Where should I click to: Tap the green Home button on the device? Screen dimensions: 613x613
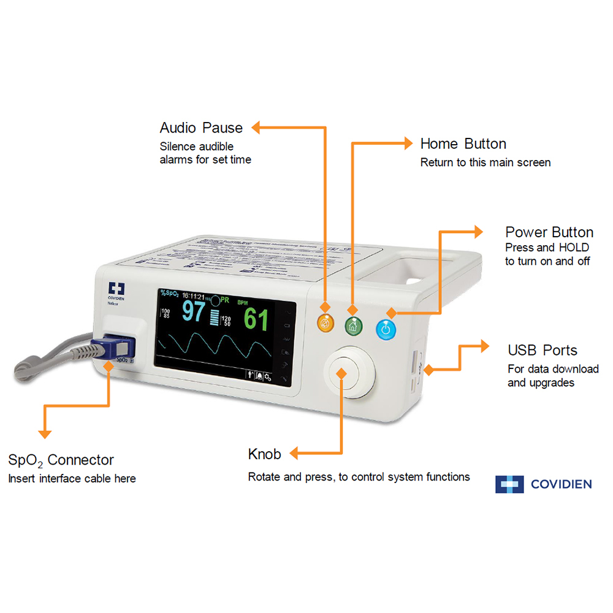(352, 326)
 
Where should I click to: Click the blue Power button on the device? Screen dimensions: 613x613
(386, 330)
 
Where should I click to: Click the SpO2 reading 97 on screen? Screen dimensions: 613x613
(193, 311)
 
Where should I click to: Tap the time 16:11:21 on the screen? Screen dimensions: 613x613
(194, 295)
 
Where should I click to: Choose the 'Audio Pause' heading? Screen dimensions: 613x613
(201, 128)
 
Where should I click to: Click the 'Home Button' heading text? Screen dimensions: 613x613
(463, 144)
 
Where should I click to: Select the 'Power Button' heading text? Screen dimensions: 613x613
(549, 232)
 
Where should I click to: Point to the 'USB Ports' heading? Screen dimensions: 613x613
(543, 351)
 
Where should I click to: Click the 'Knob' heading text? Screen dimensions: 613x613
(264, 454)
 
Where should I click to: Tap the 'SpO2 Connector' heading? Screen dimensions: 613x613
(61, 460)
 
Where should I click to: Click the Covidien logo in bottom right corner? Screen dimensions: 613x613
(543, 484)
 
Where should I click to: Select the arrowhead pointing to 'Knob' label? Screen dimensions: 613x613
(294, 454)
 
